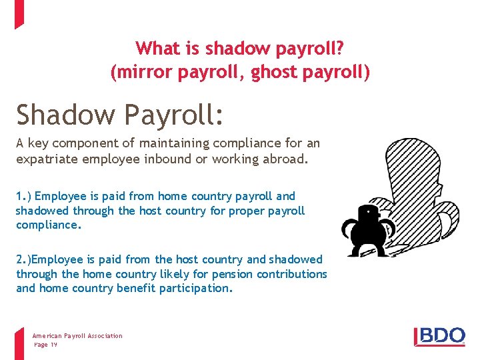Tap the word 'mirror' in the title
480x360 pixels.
(x=143, y=71)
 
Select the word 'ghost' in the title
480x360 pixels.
(x=276, y=71)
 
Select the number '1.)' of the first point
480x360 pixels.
(x=23, y=196)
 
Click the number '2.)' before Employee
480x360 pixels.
(x=25, y=259)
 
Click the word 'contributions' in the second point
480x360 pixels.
(x=293, y=274)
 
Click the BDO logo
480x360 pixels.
(x=440, y=335)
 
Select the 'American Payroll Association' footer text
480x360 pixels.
(x=77, y=336)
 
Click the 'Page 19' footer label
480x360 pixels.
(x=46, y=344)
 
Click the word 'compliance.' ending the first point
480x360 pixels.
(x=48, y=225)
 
